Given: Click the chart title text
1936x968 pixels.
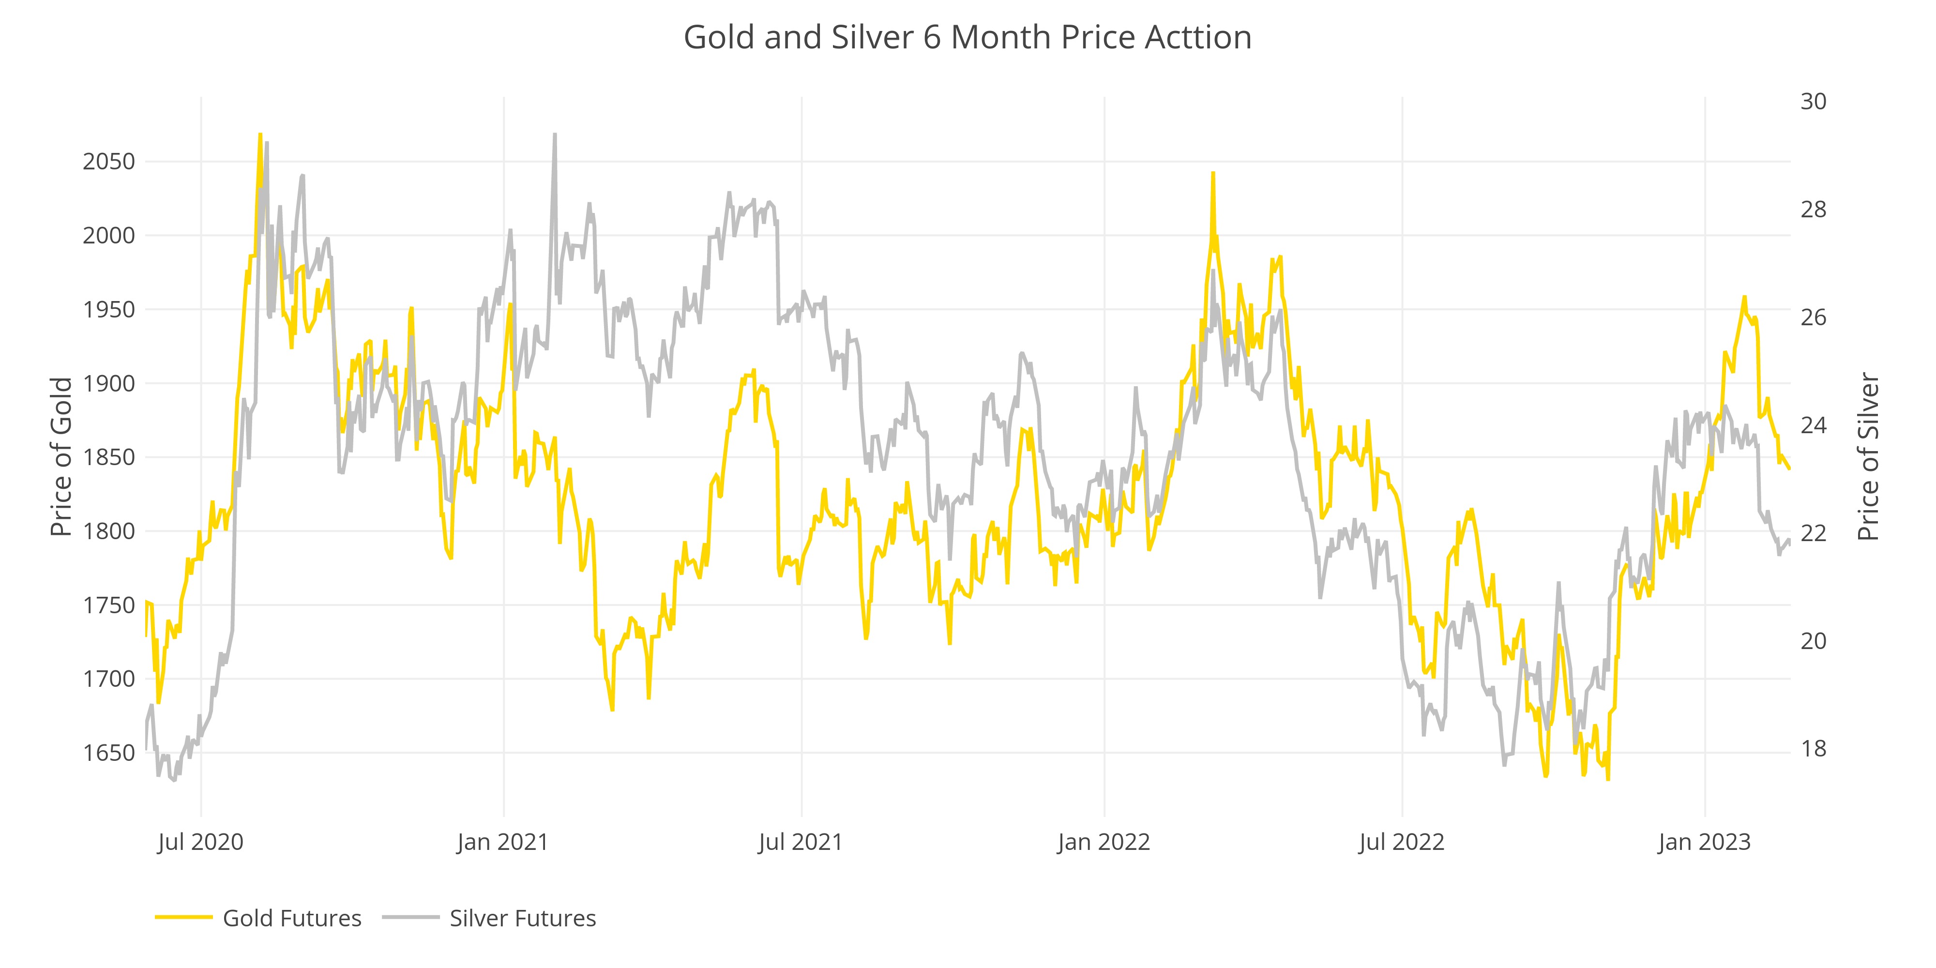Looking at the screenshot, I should (x=967, y=38).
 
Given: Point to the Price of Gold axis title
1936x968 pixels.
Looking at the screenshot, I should (x=61, y=457).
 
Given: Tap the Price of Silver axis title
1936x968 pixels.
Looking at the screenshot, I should (x=1868, y=457).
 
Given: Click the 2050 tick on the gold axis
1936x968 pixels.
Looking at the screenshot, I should (x=109, y=162).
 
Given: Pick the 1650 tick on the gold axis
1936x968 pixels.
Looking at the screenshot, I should (x=109, y=752).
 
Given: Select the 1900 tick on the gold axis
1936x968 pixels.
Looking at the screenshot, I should (x=109, y=383).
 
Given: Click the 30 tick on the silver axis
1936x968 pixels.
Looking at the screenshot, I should (x=1813, y=102).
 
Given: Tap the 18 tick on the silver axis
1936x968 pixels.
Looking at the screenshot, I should (x=1813, y=749).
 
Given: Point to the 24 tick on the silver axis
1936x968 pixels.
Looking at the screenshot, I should (x=1813, y=425).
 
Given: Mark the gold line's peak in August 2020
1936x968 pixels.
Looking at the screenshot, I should (x=260, y=136).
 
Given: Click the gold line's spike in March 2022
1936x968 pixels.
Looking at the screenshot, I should (x=1213, y=174).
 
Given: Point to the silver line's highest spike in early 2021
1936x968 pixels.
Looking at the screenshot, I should (x=555, y=136).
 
